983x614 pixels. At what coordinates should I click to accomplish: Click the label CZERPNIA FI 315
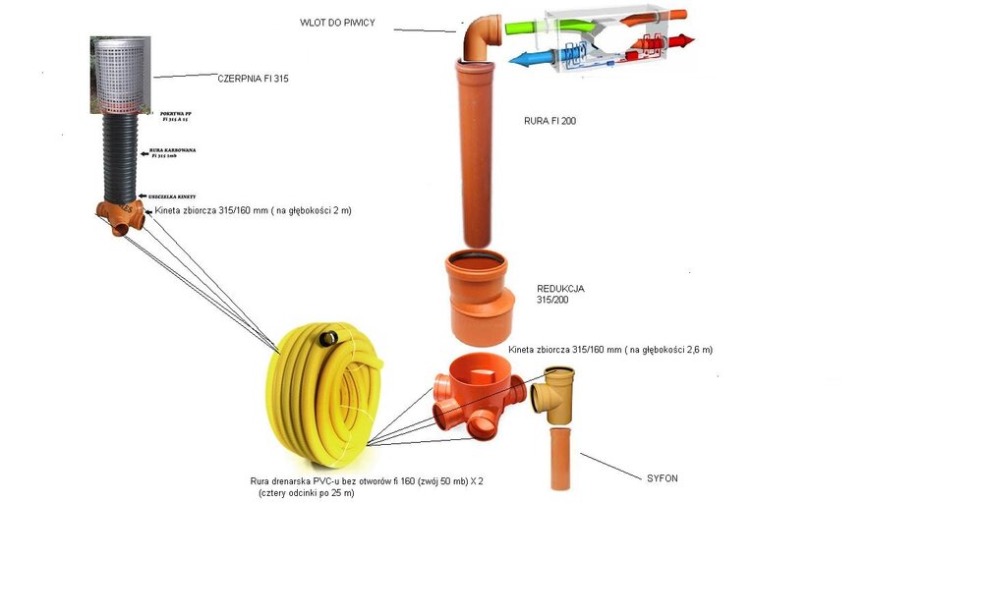click(x=253, y=77)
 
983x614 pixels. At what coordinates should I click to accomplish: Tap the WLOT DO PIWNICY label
click(x=338, y=22)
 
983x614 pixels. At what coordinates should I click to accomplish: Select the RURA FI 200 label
click(x=549, y=121)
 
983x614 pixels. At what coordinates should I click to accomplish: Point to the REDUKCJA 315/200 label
click(x=560, y=294)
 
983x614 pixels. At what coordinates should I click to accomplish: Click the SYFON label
click(x=662, y=478)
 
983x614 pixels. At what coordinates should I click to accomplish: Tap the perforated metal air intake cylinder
click(x=121, y=75)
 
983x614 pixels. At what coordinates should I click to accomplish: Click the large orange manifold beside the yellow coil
click(x=477, y=392)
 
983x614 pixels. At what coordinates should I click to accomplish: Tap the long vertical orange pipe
click(x=477, y=152)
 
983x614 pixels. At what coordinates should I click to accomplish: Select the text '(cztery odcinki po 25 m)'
click(x=305, y=493)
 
